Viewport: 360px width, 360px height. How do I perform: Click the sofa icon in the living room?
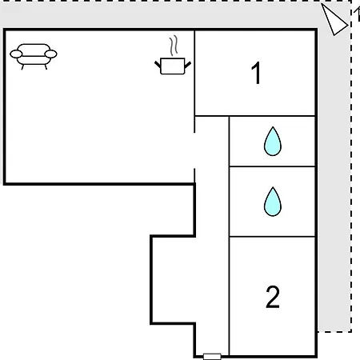tap(34, 57)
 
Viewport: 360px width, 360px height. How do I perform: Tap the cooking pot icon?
tap(173, 66)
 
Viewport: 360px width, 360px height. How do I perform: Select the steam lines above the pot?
tap(174, 46)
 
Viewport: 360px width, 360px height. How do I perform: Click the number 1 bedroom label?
tap(256, 73)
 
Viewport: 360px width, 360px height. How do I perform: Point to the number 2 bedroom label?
tap(273, 297)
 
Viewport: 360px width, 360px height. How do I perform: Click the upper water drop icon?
tap(273, 142)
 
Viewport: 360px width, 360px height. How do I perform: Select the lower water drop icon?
tap(273, 202)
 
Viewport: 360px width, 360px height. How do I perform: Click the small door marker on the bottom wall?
tap(212, 357)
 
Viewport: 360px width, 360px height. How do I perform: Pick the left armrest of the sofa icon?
tap(16, 54)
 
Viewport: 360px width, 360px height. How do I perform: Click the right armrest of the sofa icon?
tap(50, 54)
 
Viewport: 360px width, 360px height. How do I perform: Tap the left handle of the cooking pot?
tap(158, 64)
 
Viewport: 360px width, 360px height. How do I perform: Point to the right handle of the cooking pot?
tap(188, 64)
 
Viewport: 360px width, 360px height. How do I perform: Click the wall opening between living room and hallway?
tap(194, 150)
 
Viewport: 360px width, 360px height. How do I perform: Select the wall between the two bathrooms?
tap(272, 166)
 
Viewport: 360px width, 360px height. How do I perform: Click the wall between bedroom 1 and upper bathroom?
tap(272, 116)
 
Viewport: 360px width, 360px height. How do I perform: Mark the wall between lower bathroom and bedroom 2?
tap(272, 236)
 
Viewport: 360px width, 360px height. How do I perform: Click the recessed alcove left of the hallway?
tap(174, 279)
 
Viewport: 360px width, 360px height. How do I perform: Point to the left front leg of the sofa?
tap(22, 67)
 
